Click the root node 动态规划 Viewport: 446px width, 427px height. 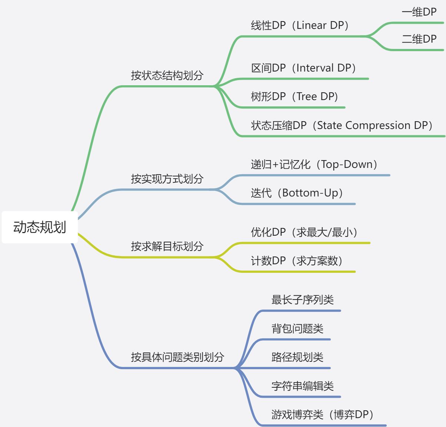(x=40, y=227)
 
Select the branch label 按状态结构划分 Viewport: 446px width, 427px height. (x=167, y=75)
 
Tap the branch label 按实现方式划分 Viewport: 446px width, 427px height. (x=167, y=179)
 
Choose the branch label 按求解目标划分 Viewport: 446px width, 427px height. (x=167, y=246)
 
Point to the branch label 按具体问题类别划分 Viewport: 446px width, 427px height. (x=177, y=357)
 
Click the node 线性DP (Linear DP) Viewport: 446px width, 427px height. (x=300, y=25)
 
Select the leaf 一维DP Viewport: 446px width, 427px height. (x=419, y=12)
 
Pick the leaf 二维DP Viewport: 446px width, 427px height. (x=419, y=39)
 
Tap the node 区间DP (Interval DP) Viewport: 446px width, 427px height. (x=303, y=68)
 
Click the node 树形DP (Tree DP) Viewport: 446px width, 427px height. (x=294, y=96)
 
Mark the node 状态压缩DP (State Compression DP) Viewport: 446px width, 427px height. (x=342, y=125)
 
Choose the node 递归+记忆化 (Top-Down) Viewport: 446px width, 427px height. (x=314, y=164)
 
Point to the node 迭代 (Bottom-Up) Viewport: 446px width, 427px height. (x=297, y=193)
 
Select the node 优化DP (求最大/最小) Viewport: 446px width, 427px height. (x=304, y=232)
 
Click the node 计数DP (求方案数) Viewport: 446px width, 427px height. (x=297, y=261)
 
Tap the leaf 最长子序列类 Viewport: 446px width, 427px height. (x=302, y=299)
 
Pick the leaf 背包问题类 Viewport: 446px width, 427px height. (x=297, y=328)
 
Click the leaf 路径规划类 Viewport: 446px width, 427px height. (x=297, y=357)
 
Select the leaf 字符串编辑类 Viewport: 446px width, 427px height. (x=302, y=386)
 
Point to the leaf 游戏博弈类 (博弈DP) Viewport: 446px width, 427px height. (x=322, y=414)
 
